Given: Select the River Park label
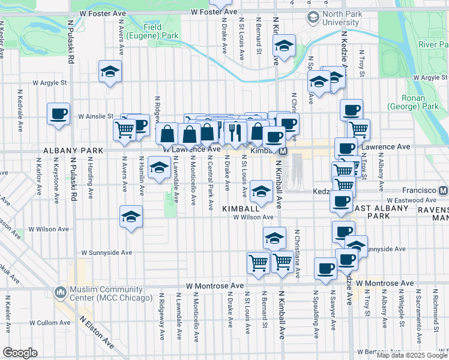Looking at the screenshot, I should click(x=433, y=45).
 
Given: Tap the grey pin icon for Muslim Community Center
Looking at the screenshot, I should click(x=60, y=293).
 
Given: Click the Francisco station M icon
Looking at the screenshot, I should click(x=444, y=190).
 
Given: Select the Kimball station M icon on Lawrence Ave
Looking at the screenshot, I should click(x=282, y=151).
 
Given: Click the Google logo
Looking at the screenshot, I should click(x=20, y=353).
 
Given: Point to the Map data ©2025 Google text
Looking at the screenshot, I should click(x=411, y=355).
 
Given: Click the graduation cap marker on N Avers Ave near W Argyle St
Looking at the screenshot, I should click(x=110, y=71).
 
